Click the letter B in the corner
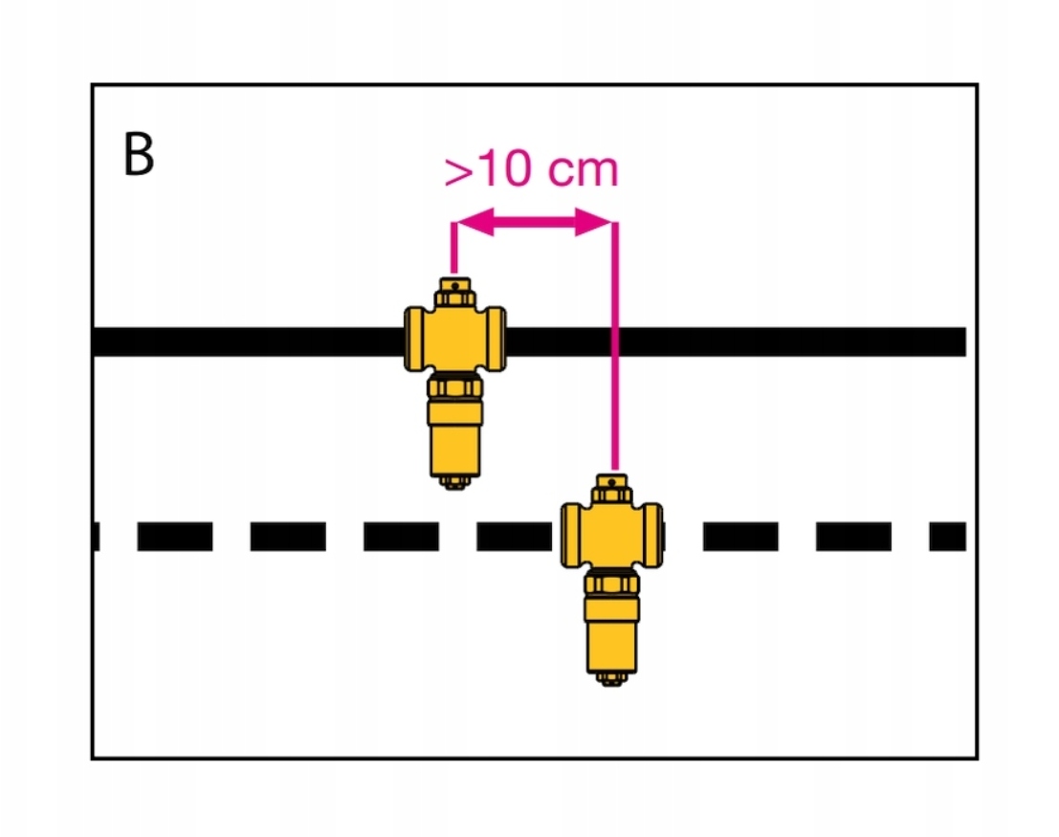pos(139,155)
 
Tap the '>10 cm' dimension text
pos(531,170)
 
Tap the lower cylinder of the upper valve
pos(454,440)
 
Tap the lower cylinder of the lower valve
pos(612,636)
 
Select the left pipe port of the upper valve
pos(413,341)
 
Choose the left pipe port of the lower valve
pos(571,536)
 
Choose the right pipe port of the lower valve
pos(653,536)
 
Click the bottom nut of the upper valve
pos(454,481)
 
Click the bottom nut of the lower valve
pos(612,678)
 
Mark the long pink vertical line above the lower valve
pos(614,383)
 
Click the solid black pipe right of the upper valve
pos(765,341)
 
